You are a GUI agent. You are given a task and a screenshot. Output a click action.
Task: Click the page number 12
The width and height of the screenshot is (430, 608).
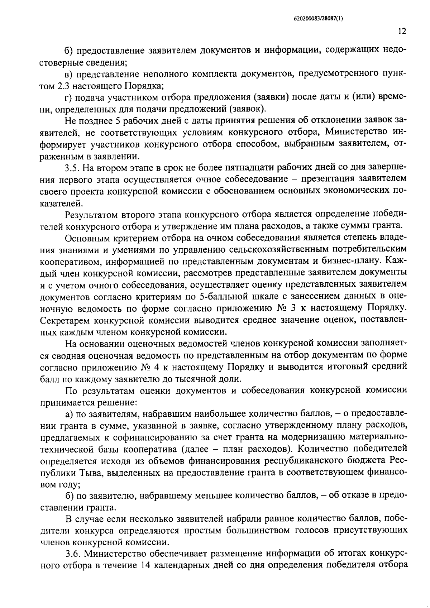tap(402, 32)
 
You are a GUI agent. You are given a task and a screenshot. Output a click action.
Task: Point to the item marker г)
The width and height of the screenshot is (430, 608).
tap(68, 97)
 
